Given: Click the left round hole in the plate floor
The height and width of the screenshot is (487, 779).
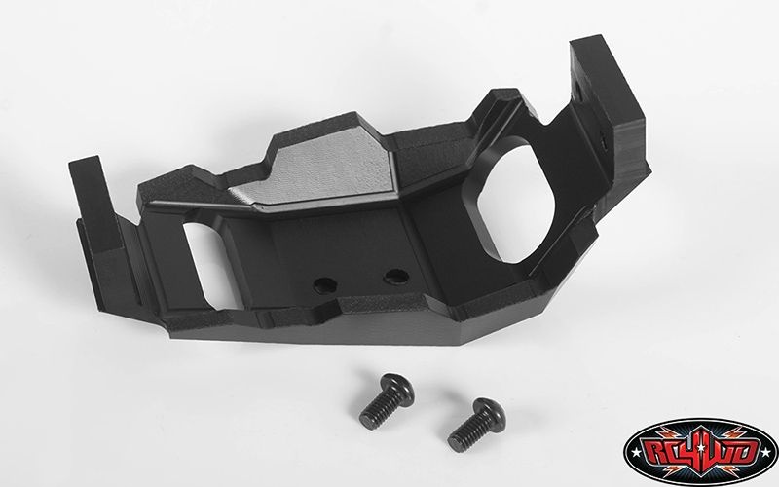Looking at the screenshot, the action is pyautogui.click(x=325, y=285).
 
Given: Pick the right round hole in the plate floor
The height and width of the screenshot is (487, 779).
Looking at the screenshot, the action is pyautogui.click(x=396, y=277).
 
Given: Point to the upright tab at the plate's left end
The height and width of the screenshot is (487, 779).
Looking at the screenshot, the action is pyautogui.click(x=95, y=204).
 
